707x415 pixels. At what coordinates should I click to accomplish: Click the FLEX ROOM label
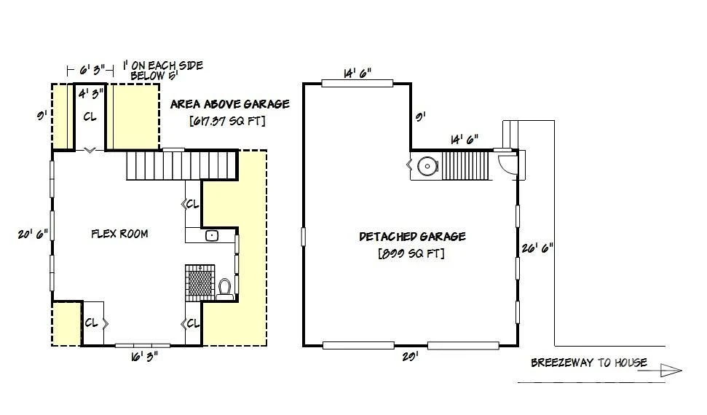click(x=119, y=234)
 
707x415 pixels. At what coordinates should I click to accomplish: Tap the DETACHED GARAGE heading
click(x=412, y=237)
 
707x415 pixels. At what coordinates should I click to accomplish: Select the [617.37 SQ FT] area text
click(x=227, y=121)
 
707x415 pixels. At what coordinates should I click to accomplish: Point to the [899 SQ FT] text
click(x=411, y=253)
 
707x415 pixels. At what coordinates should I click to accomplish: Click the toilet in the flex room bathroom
click(x=224, y=289)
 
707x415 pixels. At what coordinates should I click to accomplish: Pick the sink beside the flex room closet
click(x=212, y=235)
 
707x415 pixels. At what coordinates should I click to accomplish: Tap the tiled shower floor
click(x=200, y=283)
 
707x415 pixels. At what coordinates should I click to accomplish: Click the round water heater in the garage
click(x=427, y=166)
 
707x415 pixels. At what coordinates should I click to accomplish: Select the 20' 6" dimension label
click(x=33, y=234)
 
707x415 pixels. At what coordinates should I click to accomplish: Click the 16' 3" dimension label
click(x=144, y=357)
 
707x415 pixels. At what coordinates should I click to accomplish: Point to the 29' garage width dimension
click(x=411, y=356)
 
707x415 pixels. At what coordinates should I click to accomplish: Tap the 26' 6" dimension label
click(x=537, y=248)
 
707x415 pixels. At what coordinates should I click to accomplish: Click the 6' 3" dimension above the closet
click(x=92, y=71)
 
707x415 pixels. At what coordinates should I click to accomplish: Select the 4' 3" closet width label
click(x=90, y=94)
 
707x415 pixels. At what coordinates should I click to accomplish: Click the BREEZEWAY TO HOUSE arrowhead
click(x=671, y=371)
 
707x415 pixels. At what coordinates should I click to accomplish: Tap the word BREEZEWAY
click(x=562, y=363)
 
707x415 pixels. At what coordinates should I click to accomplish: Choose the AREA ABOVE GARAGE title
click(x=230, y=104)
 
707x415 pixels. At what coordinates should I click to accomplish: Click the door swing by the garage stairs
click(x=507, y=163)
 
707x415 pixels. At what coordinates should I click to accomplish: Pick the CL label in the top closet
click(x=90, y=116)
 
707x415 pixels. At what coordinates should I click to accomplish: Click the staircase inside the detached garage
click(x=465, y=166)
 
